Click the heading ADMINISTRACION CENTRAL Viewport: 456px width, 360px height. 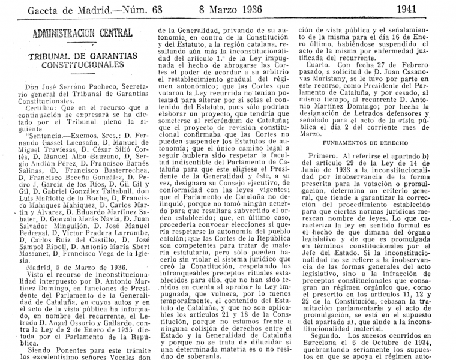82,32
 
